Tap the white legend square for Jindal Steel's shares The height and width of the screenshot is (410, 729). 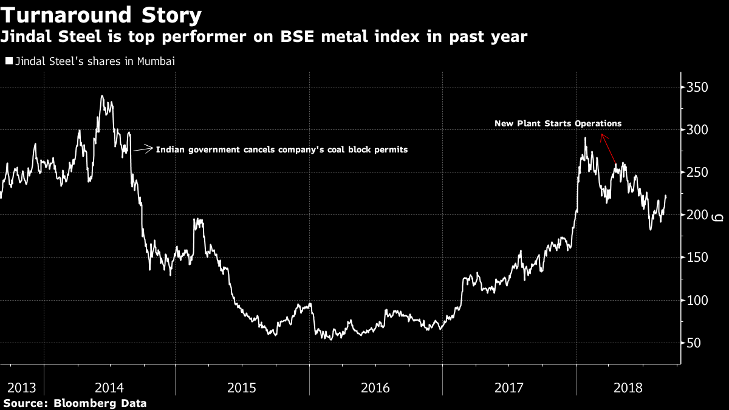9,61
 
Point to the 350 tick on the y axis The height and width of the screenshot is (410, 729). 697,87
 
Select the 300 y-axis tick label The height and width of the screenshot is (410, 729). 697,130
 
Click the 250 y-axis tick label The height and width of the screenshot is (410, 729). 697,173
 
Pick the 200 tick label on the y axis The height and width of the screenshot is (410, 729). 697,215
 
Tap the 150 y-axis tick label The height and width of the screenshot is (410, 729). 697,258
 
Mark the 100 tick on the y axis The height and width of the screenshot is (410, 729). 697,300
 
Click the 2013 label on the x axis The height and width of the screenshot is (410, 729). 21,388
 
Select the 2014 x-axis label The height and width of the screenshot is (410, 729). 109,388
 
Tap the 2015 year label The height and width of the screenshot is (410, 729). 242,388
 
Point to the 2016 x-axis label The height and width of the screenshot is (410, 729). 375,388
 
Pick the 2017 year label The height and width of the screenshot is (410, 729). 508,388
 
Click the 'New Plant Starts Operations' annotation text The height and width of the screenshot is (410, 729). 558,123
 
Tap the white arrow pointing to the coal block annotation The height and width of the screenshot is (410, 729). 143,149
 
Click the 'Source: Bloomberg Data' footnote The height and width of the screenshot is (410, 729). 74,403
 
